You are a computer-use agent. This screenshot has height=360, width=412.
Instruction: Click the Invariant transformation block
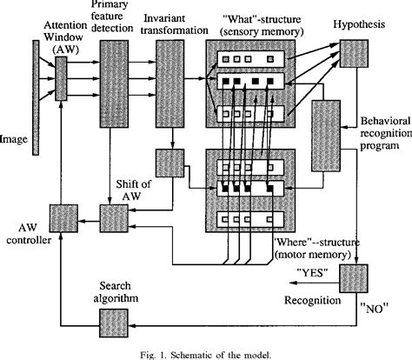click(x=170, y=82)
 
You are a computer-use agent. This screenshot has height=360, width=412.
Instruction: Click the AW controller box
click(x=62, y=215)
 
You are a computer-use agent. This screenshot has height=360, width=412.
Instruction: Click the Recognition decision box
click(x=354, y=278)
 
